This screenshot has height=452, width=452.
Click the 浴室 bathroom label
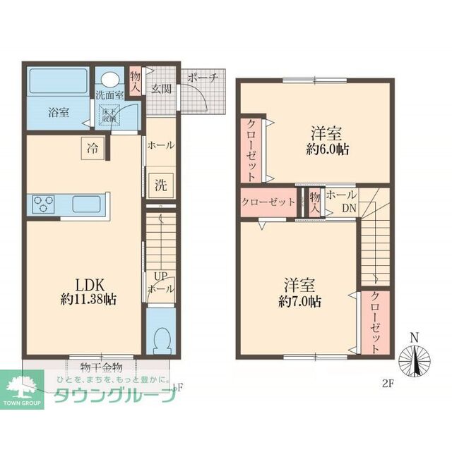(x=59, y=111)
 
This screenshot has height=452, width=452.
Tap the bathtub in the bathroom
(x=58, y=80)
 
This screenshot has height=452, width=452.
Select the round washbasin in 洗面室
(x=109, y=79)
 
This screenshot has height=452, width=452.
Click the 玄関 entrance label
(x=160, y=88)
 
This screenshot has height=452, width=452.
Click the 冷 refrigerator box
(x=93, y=148)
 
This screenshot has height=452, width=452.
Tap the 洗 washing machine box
(x=161, y=186)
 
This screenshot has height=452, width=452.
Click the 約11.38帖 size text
(x=89, y=298)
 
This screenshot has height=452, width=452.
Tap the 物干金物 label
(x=102, y=367)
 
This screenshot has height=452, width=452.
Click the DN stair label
(x=349, y=208)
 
